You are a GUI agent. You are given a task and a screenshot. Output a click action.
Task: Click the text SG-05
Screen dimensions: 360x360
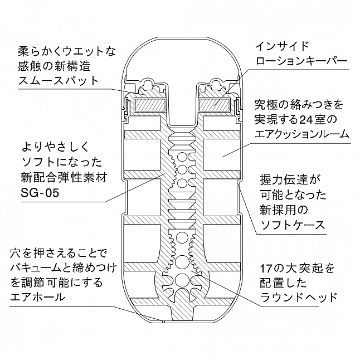(x=40, y=193)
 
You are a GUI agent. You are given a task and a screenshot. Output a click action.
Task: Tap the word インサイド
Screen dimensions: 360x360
(x=283, y=46)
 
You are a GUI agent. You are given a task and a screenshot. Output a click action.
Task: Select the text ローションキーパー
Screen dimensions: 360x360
(x=301, y=61)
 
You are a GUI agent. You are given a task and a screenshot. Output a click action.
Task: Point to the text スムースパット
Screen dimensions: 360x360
(x=59, y=81)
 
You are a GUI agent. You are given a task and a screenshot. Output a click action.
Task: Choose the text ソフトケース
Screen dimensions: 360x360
(x=293, y=226)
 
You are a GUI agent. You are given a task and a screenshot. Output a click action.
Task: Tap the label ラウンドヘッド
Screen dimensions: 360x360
(x=299, y=298)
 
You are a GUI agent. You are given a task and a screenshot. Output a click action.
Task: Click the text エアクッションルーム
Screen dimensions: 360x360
(x=302, y=134)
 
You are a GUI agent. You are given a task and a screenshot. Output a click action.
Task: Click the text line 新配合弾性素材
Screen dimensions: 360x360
(x=64, y=178)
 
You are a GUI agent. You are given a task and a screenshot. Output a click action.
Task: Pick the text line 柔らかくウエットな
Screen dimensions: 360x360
(x=67, y=51)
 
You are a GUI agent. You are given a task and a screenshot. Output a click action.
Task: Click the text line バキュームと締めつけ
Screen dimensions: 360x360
(x=64, y=268)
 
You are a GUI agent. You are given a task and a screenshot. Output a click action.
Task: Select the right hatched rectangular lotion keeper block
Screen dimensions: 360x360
(x=215, y=105)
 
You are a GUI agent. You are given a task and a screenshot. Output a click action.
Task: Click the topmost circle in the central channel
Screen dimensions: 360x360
(x=182, y=157)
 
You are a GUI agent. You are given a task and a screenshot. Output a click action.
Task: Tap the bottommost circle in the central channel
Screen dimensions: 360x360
(x=182, y=280)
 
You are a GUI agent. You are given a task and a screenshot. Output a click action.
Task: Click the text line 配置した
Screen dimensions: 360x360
(x=284, y=283)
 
